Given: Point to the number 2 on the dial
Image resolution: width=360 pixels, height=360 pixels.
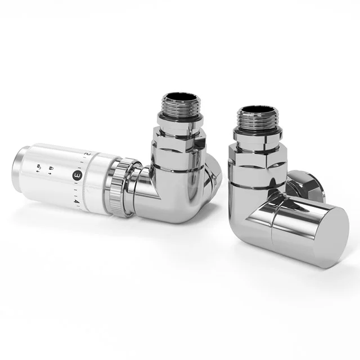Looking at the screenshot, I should pos(85,153).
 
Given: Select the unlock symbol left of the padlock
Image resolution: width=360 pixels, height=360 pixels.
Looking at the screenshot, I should pos(39,168).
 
